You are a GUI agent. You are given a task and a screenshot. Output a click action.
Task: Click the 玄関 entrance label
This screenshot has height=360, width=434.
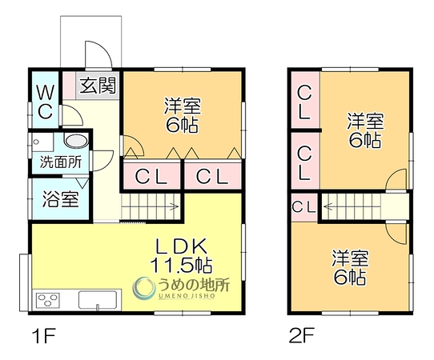click(98, 85)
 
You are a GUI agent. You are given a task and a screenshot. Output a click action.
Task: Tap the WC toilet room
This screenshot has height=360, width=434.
click(46, 100)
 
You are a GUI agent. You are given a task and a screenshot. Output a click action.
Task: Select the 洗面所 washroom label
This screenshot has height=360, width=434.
click(61, 162)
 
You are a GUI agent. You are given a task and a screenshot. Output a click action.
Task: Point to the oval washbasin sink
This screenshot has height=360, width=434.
click(77, 140)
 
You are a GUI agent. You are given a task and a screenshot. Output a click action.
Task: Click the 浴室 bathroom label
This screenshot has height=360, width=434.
click(61, 199)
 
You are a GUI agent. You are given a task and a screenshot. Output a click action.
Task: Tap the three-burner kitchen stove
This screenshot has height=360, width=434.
click(48, 300)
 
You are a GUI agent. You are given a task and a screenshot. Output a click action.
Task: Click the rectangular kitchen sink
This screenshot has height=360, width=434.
click(98, 299)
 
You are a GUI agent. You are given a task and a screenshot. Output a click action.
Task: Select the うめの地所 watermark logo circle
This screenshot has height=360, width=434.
click(143, 288)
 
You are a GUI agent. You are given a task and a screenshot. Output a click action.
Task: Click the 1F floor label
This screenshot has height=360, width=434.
click(44, 335)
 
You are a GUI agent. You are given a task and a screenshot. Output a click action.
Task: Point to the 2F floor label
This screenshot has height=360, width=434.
click(302, 335)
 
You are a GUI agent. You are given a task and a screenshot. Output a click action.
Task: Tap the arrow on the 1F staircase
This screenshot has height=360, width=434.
click(173, 206)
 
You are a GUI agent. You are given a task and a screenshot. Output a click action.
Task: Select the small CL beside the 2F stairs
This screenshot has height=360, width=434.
click(304, 207)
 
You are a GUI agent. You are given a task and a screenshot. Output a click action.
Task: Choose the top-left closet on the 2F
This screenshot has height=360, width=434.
click(306, 100)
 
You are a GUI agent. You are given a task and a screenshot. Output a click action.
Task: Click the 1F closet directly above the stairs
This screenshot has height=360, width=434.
click(151, 176)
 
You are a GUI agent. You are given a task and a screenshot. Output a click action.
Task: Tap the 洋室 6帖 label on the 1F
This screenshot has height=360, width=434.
click(182, 115)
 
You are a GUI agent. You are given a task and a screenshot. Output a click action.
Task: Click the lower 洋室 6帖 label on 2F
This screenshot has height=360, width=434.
click(350, 267)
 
